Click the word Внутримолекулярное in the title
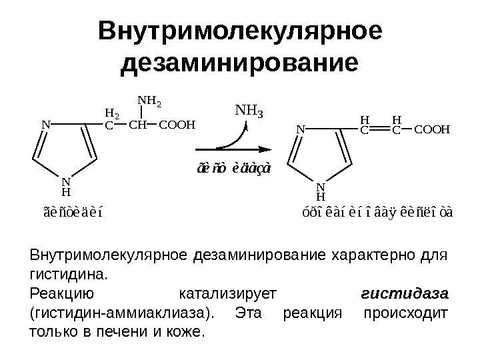coord(240,31)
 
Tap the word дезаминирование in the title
coord(240,64)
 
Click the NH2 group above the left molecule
coord(149,102)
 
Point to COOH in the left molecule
coord(177,123)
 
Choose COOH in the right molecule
coord(433,131)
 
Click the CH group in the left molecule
coord(137,123)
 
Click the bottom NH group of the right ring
coord(321,192)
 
